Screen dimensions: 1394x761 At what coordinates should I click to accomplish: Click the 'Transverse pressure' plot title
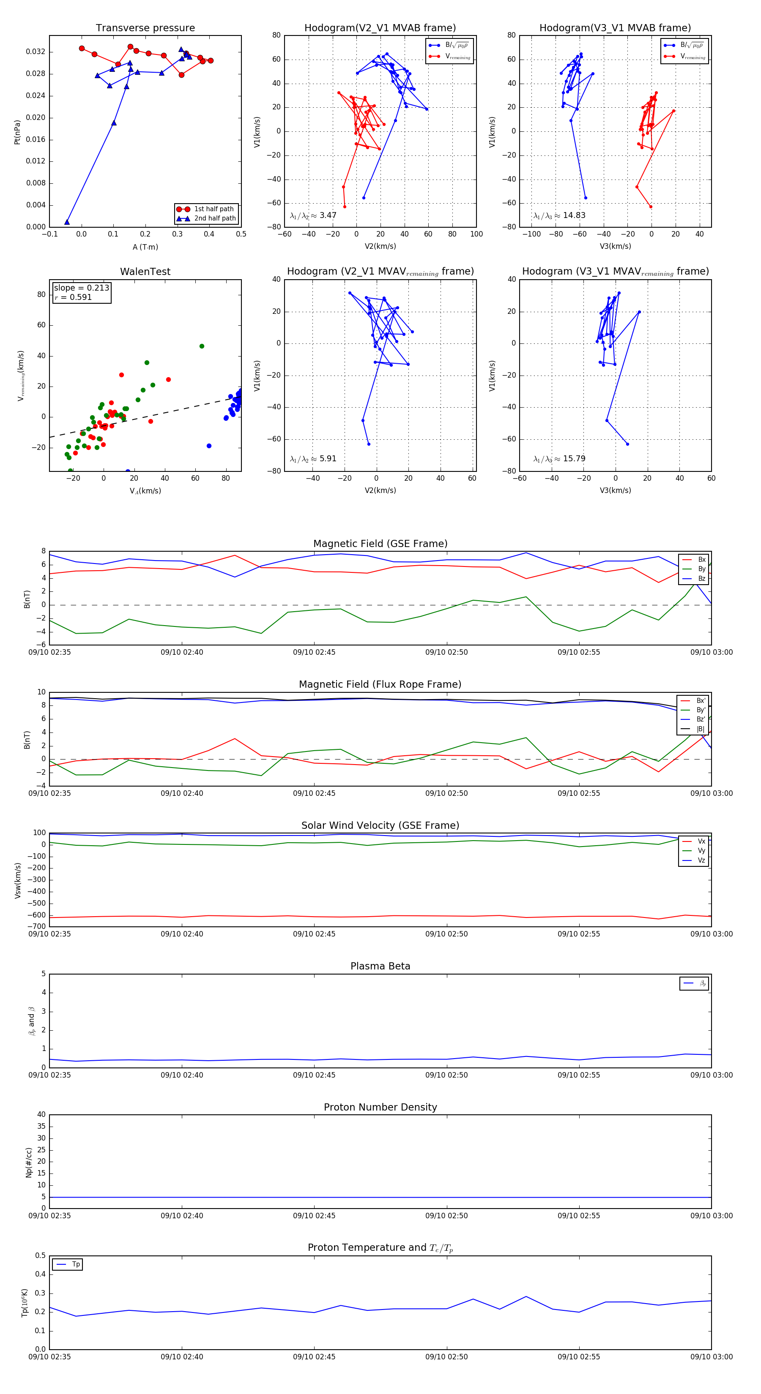coord(145,28)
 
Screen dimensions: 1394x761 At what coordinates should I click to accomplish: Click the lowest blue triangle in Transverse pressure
coord(67,222)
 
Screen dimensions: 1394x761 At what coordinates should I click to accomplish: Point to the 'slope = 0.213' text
coord(81,288)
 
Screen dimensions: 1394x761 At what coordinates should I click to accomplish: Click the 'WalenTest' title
coord(145,272)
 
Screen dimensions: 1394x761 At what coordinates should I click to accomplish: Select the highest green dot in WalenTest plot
coord(202,346)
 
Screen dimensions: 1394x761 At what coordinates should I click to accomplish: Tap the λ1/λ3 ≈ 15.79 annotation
coord(559,459)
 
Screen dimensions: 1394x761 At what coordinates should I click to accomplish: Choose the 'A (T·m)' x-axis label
coord(145,247)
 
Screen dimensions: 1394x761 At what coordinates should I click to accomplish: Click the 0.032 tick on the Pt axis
coord(36,52)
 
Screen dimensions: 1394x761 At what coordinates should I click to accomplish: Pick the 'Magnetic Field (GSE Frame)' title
coord(380,544)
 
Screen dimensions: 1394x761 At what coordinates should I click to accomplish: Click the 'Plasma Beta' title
coord(380,967)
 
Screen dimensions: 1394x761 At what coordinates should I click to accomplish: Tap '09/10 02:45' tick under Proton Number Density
coord(314,1216)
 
